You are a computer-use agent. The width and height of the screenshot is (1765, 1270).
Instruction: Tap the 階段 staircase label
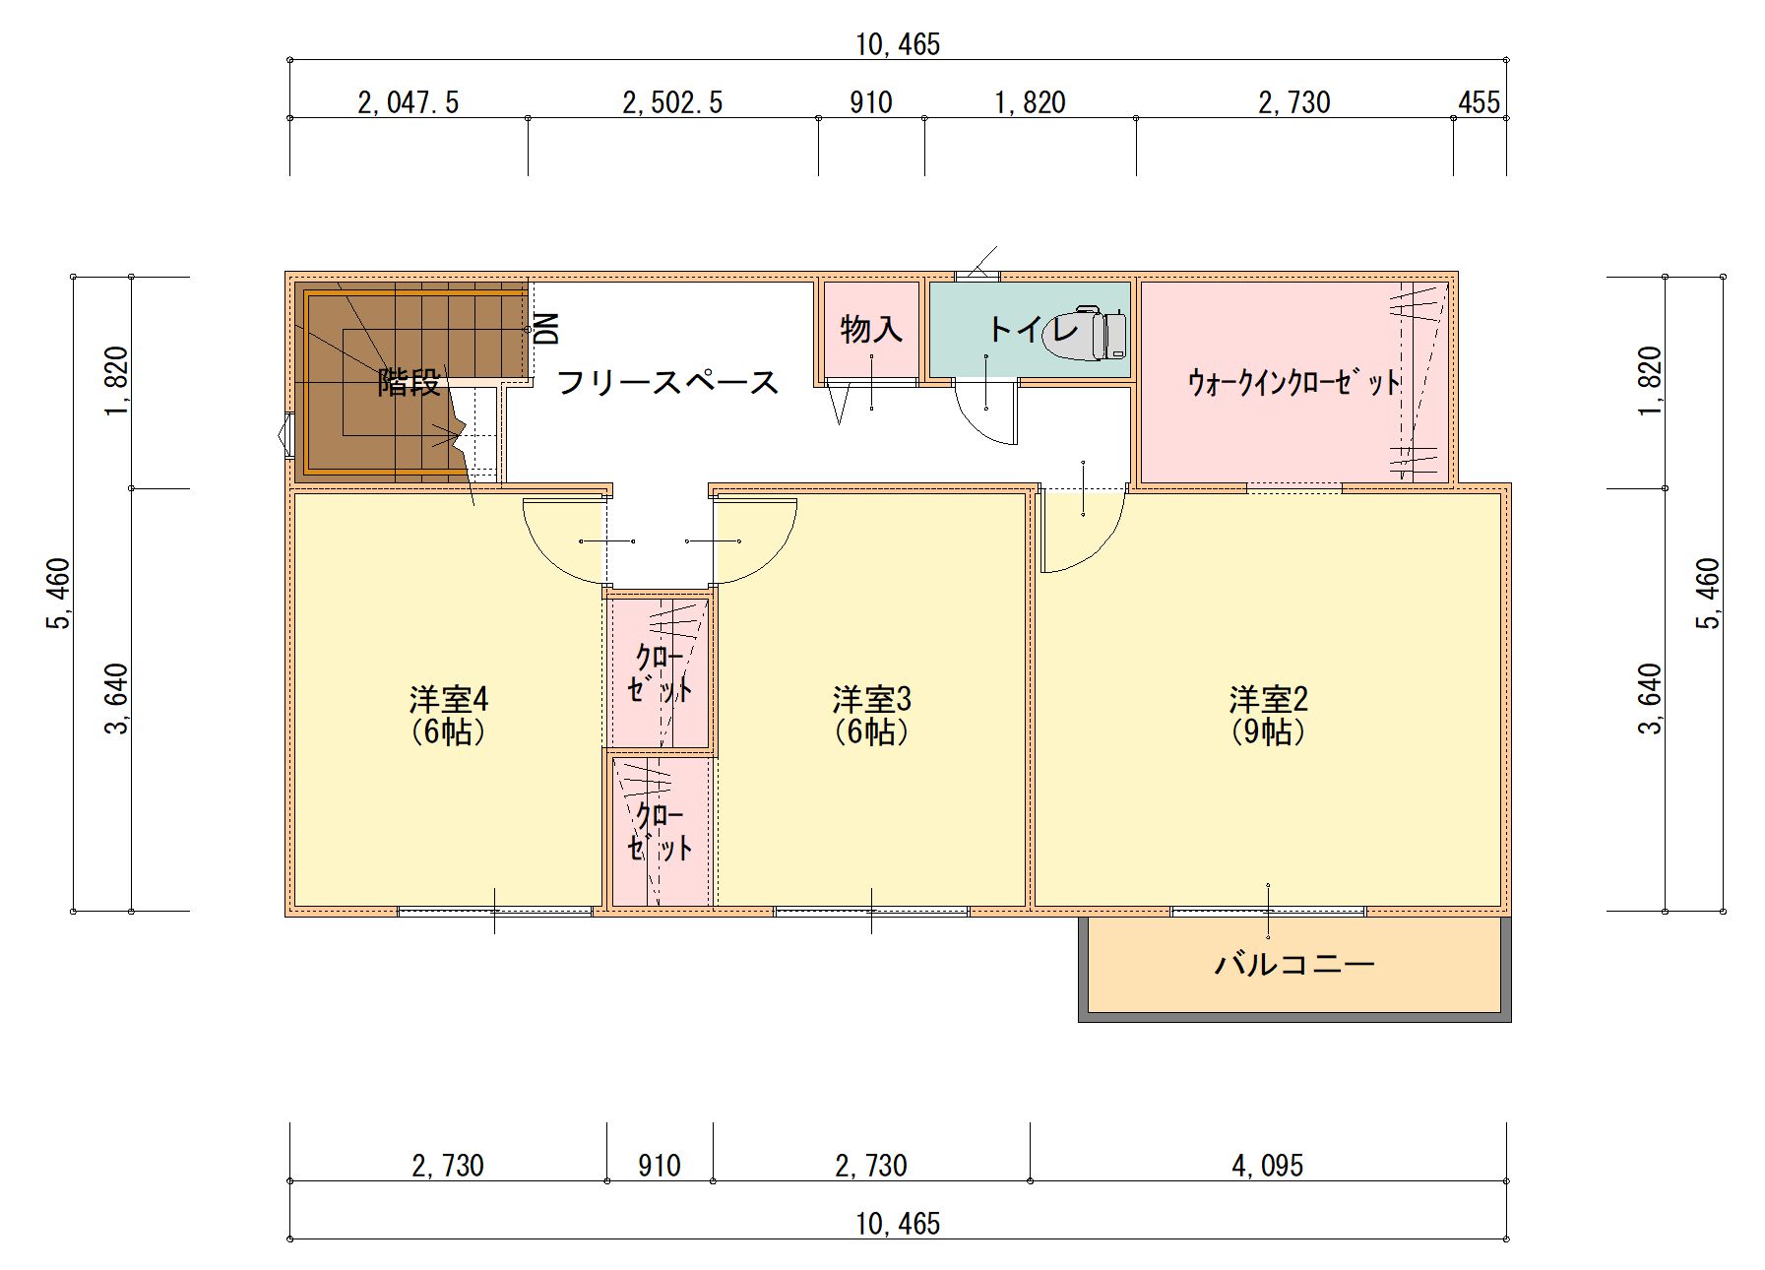point(410,382)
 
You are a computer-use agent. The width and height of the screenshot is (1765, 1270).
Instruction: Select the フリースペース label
point(667,382)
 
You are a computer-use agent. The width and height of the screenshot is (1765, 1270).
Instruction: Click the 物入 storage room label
point(871,329)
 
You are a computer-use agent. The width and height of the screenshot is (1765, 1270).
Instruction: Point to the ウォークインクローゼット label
point(1293,382)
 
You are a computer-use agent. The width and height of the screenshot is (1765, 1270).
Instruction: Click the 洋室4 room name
point(449,699)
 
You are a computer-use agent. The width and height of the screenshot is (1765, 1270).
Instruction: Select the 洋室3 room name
point(871,699)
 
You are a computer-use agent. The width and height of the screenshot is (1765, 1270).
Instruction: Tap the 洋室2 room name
point(1268,699)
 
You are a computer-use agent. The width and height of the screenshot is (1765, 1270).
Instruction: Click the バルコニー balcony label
point(1294,963)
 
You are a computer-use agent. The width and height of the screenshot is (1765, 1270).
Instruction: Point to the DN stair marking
point(546,329)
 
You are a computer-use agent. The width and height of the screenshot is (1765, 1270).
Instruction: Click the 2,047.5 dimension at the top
point(408,102)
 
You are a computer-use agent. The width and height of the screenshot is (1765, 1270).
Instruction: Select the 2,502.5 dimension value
point(672,102)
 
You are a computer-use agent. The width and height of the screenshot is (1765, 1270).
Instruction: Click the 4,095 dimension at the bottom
point(1267,1166)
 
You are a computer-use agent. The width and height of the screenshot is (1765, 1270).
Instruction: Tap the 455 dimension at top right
point(1479,102)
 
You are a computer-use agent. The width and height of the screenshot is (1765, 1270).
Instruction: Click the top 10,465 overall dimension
point(898,44)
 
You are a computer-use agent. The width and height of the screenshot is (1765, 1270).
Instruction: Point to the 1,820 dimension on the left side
point(116,381)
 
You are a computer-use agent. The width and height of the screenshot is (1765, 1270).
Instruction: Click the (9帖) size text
point(1268,731)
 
